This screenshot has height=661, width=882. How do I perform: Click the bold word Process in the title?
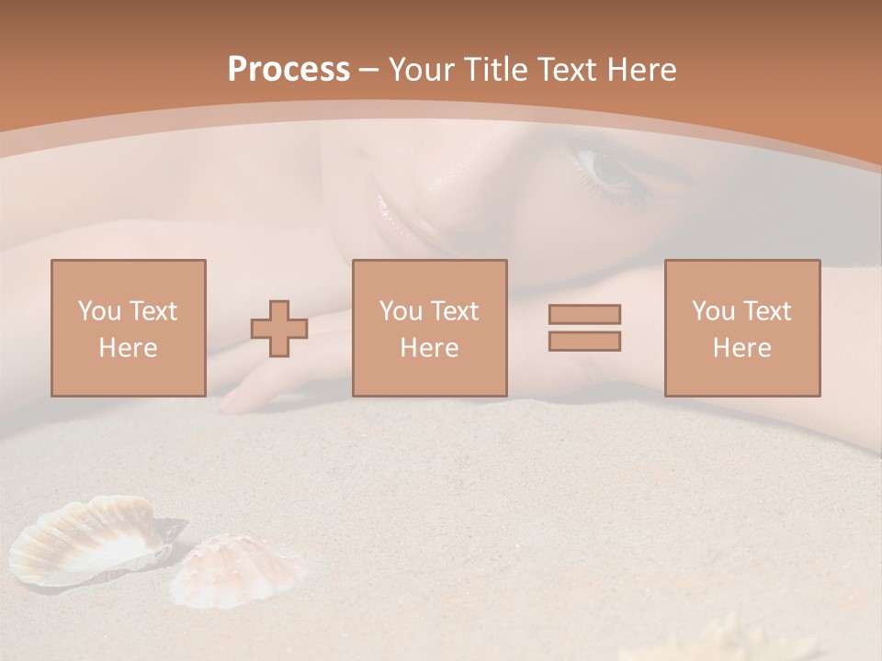point(288,70)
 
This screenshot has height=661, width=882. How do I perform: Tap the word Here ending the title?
point(640,70)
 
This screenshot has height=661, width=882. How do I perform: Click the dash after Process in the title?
point(368,71)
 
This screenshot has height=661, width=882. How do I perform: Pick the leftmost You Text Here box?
point(128,328)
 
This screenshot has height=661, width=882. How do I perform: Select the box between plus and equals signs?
point(429,328)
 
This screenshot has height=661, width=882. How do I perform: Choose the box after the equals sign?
point(741,328)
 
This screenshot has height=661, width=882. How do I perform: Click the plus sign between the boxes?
point(279,329)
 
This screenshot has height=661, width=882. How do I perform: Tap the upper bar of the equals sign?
point(584,314)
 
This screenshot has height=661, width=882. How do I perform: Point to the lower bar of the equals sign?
point(584,342)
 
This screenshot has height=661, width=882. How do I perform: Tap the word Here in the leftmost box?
point(128,348)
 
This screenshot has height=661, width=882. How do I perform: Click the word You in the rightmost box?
point(712,311)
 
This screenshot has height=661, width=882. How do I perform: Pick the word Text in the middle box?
point(455,311)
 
